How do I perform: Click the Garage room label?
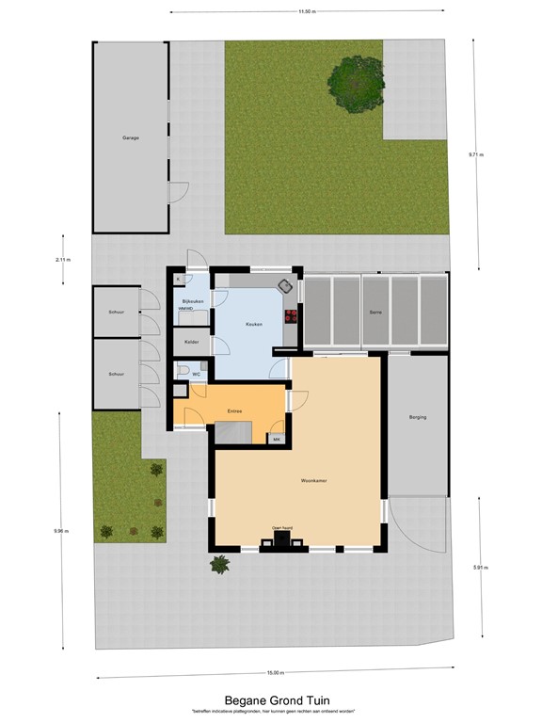(x=130, y=138)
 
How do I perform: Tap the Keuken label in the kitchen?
(x=253, y=324)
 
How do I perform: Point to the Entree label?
(x=235, y=410)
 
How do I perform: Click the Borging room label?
(x=418, y=416)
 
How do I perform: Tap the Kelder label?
(x=192, y=342)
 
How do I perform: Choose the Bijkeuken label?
(x=193, y=301)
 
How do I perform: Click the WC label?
(x=197, y=375)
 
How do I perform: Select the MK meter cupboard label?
(x=277, y=439)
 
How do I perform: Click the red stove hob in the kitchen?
(x=291, y=315)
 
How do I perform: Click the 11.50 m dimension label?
(x=306, y=12)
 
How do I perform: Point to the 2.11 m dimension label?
(x=63, y=259)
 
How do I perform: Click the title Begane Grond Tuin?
(x=270, y=700)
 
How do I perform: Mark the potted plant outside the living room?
(x=220, y=565)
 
